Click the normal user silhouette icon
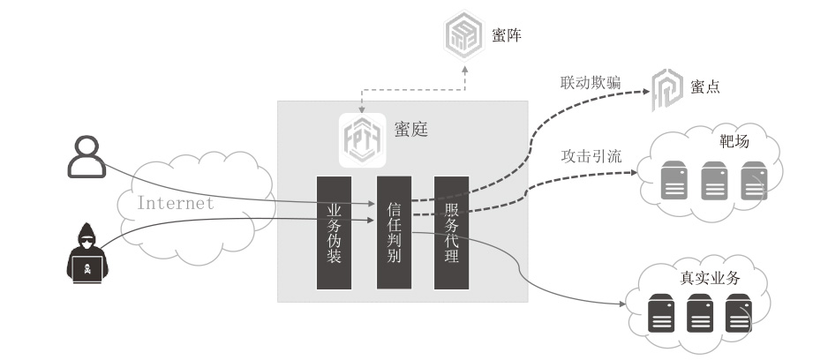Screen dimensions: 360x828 87,156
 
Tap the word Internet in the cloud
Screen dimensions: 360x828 176,203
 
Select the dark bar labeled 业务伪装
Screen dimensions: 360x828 335,232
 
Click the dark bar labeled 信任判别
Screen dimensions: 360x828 394,232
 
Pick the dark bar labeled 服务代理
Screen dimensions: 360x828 451,232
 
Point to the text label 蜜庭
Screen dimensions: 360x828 410,130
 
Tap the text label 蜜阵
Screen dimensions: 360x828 508,36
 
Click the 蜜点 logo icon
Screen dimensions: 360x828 666,89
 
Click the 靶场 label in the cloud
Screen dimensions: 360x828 734,141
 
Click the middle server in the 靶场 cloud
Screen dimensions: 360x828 714,182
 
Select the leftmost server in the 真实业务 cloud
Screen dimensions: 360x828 661,312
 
